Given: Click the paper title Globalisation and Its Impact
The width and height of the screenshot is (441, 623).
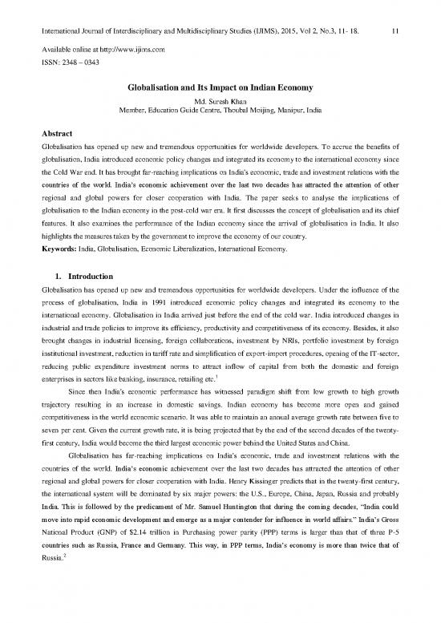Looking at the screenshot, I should (x=220, y=69).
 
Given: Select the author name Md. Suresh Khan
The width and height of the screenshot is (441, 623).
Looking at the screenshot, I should (x=220, y=81).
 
